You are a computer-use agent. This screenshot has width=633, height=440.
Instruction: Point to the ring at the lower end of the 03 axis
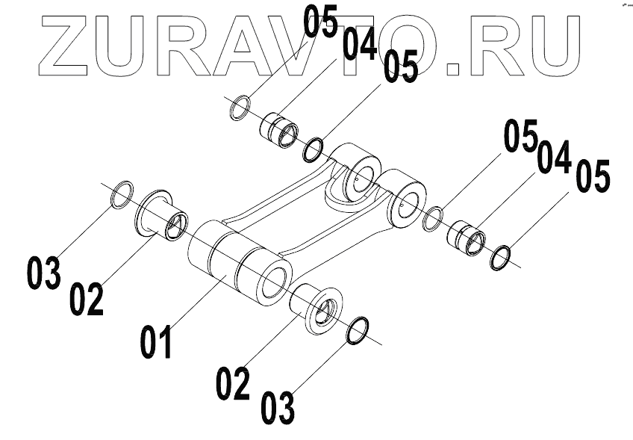358,330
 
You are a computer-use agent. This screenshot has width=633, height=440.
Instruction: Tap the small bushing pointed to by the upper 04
279,129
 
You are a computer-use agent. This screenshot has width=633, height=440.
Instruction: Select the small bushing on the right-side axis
466,234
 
